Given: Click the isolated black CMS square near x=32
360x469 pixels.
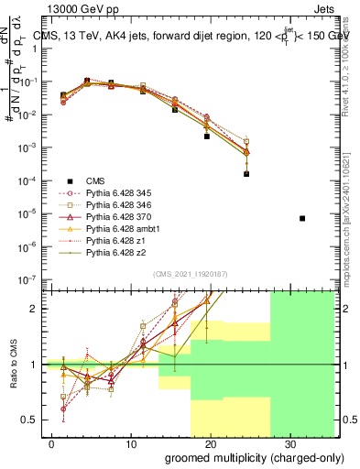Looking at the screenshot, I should (303, 218).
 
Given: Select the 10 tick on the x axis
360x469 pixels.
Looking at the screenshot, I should (131, 442).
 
